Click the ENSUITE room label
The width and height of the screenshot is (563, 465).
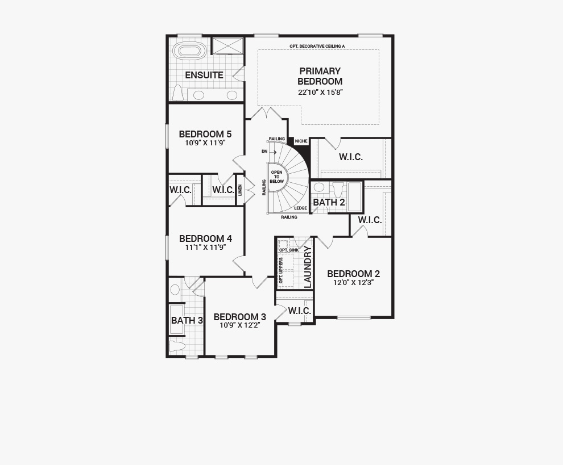(204, 75)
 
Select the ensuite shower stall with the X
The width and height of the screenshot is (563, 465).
(227, 45)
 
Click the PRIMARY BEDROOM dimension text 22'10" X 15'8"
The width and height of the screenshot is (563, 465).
(321, 92)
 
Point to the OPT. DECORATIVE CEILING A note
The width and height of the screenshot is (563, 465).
(317, 46)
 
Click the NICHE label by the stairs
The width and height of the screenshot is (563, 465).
(301, 141)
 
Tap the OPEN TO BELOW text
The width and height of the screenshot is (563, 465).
(276, 177)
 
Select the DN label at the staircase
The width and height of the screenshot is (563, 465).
(264, 151)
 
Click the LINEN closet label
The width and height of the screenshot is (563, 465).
(240, 190)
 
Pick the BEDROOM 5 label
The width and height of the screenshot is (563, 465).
(205, 134)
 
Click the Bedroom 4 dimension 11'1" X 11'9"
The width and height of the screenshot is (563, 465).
(205, 247)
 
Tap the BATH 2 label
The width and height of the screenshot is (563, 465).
(329, 202)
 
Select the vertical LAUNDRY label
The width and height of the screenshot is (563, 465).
(308, 267)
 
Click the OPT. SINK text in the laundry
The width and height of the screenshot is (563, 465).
(289, 250)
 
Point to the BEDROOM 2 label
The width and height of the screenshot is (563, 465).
(353, 274)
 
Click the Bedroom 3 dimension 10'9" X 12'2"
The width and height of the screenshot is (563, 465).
(240, 325)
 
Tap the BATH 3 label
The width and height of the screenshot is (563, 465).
(187, 320)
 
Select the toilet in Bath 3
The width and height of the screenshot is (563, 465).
(177, 346)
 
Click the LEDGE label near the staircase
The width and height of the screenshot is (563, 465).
(300, 208)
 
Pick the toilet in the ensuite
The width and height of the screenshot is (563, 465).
(178, 93)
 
